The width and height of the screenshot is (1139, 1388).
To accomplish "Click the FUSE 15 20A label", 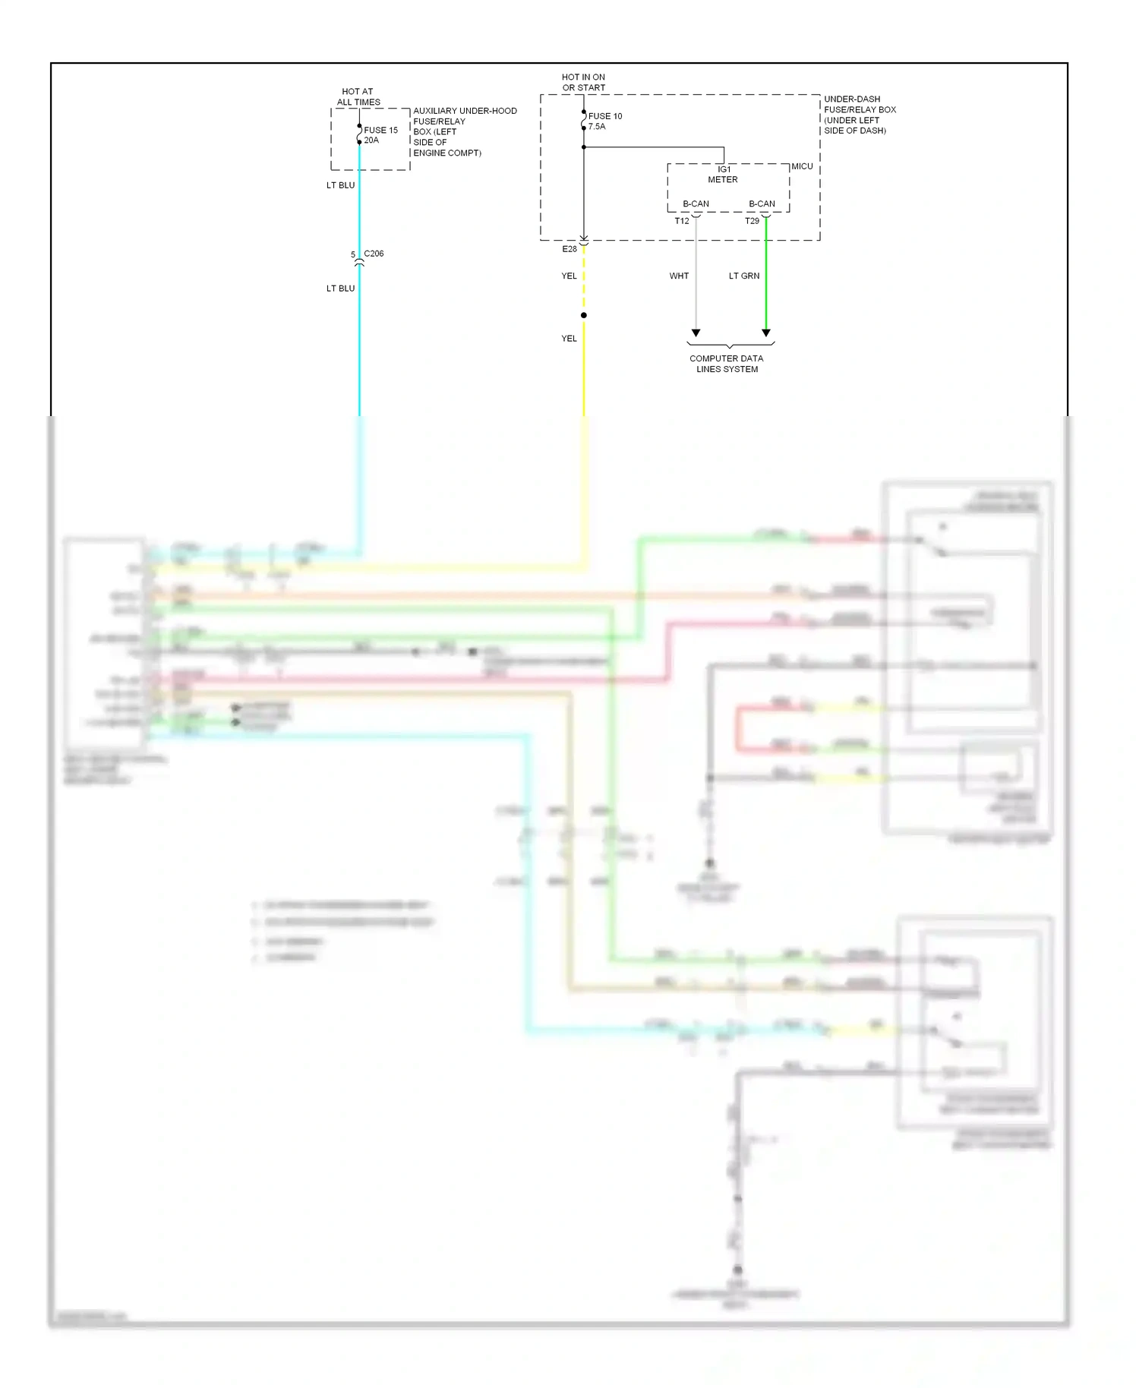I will click(380, 135).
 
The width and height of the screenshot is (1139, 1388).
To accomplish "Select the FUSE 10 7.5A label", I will click(604, 121).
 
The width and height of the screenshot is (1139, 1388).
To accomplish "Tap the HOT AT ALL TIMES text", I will click(358, 96).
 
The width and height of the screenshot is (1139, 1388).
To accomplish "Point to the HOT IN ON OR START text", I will click(583, 82).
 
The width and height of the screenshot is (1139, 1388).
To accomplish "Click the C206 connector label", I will click(374, 254).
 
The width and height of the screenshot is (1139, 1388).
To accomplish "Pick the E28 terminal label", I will click(569, 249).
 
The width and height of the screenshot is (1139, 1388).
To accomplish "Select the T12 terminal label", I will click(682, 221).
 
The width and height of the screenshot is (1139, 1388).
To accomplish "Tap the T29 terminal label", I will click(752, 221).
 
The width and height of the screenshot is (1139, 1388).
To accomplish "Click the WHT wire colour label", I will click(679, 276).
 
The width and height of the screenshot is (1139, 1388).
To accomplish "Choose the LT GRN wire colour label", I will click(744, 276).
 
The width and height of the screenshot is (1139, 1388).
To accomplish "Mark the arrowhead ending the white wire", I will click(696, 333).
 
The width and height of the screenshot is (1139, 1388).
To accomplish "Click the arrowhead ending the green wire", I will click(766, 333).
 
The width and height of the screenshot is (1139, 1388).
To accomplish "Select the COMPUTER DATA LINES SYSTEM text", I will click(727, 364).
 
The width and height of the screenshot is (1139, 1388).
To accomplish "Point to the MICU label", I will click(802, 166).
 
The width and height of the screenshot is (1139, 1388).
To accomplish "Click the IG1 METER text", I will click(724, 175).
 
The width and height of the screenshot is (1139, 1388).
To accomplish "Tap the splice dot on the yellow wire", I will click(584, 315).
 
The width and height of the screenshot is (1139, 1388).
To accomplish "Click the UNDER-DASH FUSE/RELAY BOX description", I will click(860, 115).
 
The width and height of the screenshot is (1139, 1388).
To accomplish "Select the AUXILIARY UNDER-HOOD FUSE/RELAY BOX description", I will click(464, 131).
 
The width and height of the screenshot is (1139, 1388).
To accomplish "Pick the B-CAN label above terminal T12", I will click(696, 203).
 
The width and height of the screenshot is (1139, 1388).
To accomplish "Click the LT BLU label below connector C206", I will click(340, 289).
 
